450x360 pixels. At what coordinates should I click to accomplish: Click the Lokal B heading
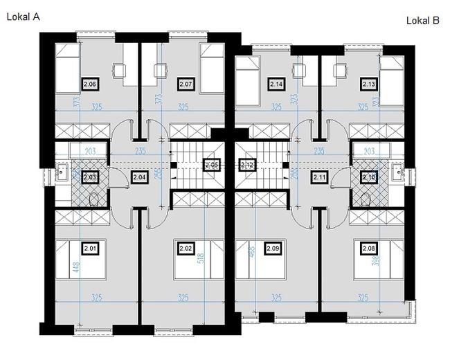(x=422, y=21)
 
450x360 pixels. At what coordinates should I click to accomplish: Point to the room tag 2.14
(x=276, y=84)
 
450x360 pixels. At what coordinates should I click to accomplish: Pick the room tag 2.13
(x=368, y=84)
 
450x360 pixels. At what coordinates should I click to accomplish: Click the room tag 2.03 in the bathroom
(x=90, y=177)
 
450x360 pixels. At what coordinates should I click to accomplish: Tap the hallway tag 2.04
(x=138, y=177)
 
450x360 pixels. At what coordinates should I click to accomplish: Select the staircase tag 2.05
(x=212, y=165)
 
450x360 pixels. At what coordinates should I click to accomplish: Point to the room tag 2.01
(x=90, y=247)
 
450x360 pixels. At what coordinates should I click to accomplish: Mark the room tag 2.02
(x=185, y=247)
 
